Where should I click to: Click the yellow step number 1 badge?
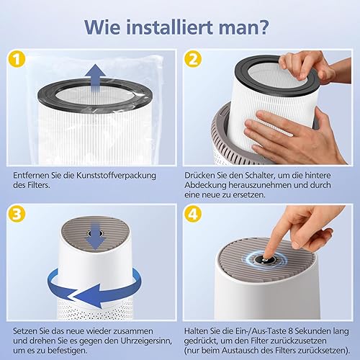point(17,59)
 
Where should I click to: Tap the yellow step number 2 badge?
point(193,59)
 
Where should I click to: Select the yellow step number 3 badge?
point(17,214)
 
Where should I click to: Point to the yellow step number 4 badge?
point(193,214)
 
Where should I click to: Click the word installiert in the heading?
point(170,27)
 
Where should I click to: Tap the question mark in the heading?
point(263,27)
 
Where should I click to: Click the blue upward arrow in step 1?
point(96,78)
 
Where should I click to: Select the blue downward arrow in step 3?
point(96,236)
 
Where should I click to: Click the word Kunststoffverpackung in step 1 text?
point(116,176)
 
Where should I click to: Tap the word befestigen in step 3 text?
point(67,351)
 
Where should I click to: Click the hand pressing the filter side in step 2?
point(290,135)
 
